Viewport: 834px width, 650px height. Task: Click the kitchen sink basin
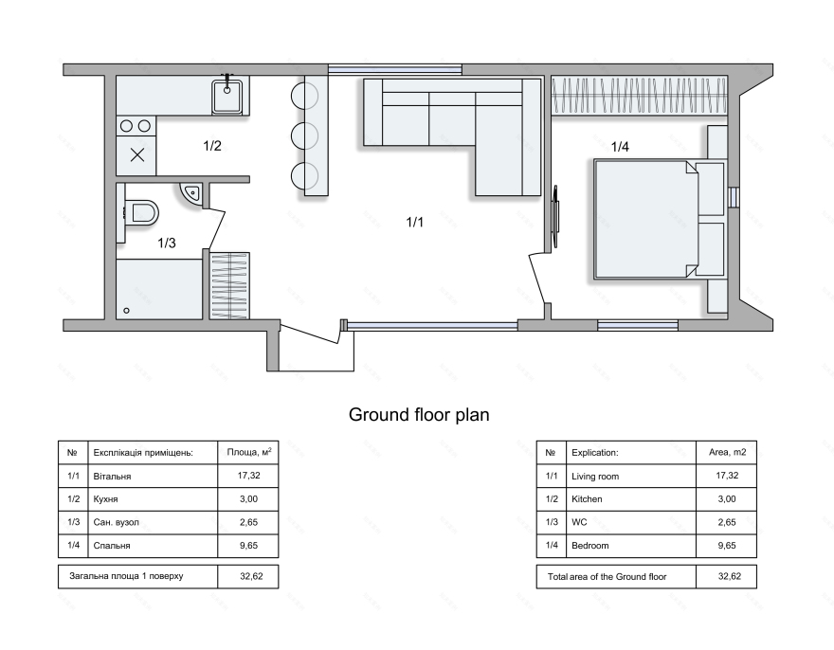pyautogui.click(x=227, y=97)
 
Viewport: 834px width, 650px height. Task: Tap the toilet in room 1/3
pyautogui.click(x=141, y=213)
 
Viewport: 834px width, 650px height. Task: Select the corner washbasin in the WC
pyautogui.click(x=191, y=192)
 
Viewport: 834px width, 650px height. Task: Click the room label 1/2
pyautogui.click(x=212, y=145)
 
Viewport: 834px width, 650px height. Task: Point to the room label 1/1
pyautogui.click(x=414, y=222)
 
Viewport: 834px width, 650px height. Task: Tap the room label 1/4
pyautogui.click(x=620, y=147)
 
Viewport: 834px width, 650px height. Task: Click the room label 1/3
pyautogui.click(x=167, y=244)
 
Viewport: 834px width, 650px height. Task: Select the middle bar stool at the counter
pyautogui.click(x=305, y=135)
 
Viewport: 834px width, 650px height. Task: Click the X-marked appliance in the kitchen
pyautogui.click(x=136, y=154)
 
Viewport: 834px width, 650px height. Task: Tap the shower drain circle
pyautogui.click(x=126, y=310)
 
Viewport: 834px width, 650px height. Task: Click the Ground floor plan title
pyautogui.click(x=419, y=415)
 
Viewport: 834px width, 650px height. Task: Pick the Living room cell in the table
pyautogui.click(x=595, y=477)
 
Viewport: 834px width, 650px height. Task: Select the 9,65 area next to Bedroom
pyautogui.click(x=727, y=545)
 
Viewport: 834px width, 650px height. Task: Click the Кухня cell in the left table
pyautogui.click(x=105, y=499)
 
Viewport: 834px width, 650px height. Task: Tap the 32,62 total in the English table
pyautogui.click(x=729, y=576)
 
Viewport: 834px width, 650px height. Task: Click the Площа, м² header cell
pyautogui.click(x=249, y=452)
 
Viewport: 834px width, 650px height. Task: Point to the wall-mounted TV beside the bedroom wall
pyautogui.click(x=555, y=216)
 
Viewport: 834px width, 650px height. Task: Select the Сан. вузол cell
pyautogui.click(x=116, y=522)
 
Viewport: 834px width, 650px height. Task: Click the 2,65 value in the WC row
pyautogui.click(x=727, y=522)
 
